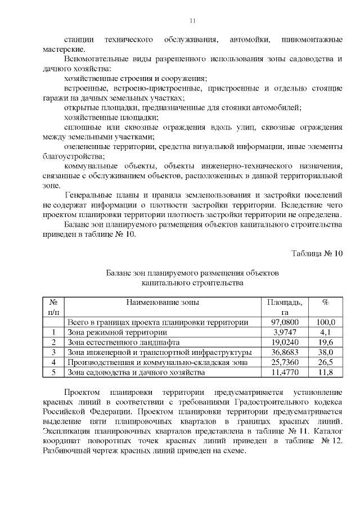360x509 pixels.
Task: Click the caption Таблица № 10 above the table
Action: [x=317, y=253]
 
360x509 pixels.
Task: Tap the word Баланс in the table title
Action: [x=119, y=272]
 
